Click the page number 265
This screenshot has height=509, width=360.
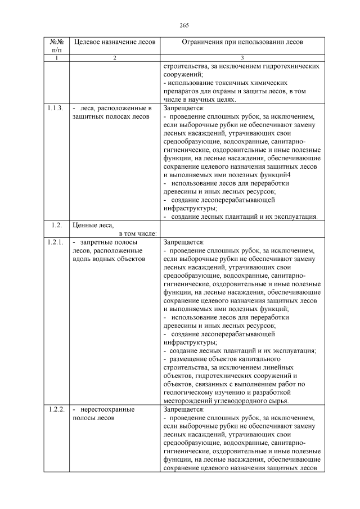coord(184,25)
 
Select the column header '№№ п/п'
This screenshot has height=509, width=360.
coord(56,46)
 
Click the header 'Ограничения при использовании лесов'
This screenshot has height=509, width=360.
coord(242,42)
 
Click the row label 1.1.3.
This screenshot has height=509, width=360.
coord(56,108)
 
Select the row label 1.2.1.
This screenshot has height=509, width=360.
coord(56,242)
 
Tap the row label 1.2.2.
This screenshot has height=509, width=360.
coord(56,409)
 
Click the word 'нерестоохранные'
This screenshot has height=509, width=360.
coord(107,409)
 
